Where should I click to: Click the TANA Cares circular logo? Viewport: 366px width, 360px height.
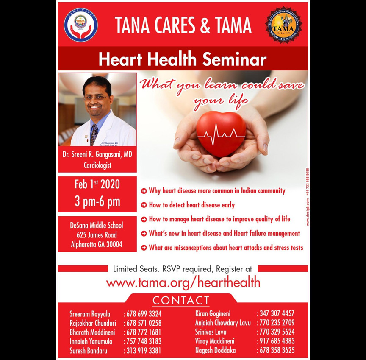pyautogui.click(x=80, y=25)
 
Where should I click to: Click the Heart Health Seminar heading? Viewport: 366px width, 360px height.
pyautogui.click(x=183, y=59)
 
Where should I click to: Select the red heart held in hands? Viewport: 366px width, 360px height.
pyautogui.click(x=222, y=132)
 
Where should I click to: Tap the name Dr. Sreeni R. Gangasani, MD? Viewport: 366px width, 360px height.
pyautogui.click(x=97, y=155)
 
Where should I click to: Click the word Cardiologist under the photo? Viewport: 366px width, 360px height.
pyautogui.click(x=97, y=165)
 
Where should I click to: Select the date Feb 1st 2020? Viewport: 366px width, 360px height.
pyautogui.click(x=97, y=185)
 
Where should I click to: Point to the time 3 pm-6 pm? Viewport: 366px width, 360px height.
pyautogui.click(x=97, y=201)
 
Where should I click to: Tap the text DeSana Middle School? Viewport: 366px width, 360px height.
pyautogui.click(x=97, y=226)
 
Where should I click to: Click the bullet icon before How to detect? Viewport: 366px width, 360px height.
pyautogui.click(x=144, y=205)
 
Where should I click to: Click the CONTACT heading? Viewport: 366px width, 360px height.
pyautogui.click(x=181, y=301)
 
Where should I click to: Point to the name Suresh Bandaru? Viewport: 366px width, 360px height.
pyautogui.click(x=89, y=351)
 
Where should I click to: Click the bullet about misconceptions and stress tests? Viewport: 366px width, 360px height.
pyautogui.click(x=226, y=248)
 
